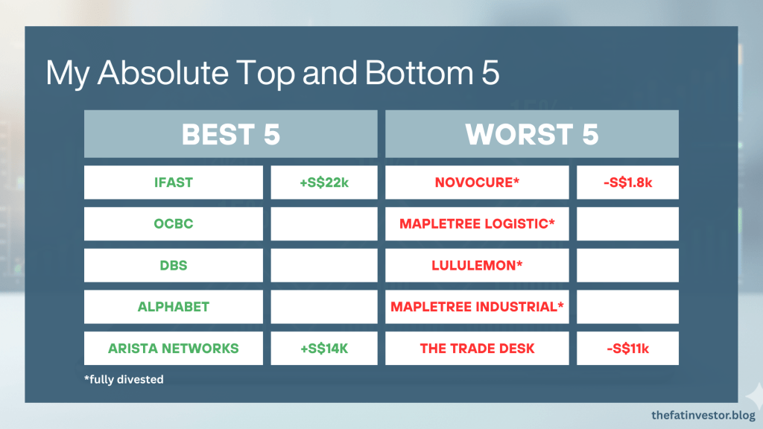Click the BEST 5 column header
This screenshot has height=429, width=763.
point(231,134)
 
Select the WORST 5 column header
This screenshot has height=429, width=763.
point(532,134)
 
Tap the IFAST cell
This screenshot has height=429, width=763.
point(173,182)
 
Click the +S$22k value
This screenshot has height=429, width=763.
point(324,182)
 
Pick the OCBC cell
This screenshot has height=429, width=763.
point(173,223)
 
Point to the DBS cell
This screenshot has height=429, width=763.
point(173,266)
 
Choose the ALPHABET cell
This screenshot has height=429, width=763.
point(173,307)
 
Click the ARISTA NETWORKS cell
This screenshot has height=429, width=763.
point(173,349)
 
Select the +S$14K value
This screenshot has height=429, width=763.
point(324,349)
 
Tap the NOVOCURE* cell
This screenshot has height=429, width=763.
point(477,182)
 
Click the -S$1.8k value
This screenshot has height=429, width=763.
point(627,182)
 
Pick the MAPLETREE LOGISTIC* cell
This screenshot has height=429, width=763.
point(477,223)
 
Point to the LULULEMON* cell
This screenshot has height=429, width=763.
point(477,266)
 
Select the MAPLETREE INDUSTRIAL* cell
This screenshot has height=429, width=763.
point(477,307)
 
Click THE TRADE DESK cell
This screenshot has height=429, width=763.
point(477,349)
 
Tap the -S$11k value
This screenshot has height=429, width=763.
point(627,349)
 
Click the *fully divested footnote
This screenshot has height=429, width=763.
point(124,379)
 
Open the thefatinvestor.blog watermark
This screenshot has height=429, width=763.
point(703,416)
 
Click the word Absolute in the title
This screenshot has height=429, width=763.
point(163,72)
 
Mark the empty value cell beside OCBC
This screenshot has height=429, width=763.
point(324,223)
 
